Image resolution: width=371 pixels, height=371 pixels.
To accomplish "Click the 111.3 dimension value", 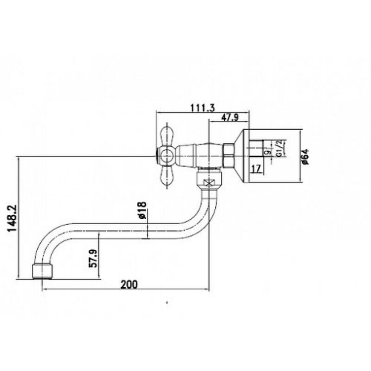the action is [x=203, y=108].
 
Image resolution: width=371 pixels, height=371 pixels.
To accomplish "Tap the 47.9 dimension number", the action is [x=230, y=118].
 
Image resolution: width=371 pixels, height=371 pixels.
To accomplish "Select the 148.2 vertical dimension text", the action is [x=12, y=218].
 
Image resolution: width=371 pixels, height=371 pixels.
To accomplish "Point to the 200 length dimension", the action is [x=129, y=284].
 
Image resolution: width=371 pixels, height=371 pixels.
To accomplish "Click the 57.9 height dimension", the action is [x=93, y=258].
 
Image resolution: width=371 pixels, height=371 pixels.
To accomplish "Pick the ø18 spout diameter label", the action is [x=142, y=211].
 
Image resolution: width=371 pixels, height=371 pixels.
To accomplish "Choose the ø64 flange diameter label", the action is [x=305, y=157].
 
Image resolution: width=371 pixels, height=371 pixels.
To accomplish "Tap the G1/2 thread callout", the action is [x=279, y=148].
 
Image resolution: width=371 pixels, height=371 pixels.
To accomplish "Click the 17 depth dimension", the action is [x=256, y=168].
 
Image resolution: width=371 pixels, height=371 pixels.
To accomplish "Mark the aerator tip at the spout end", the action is [x=42, y=272].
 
